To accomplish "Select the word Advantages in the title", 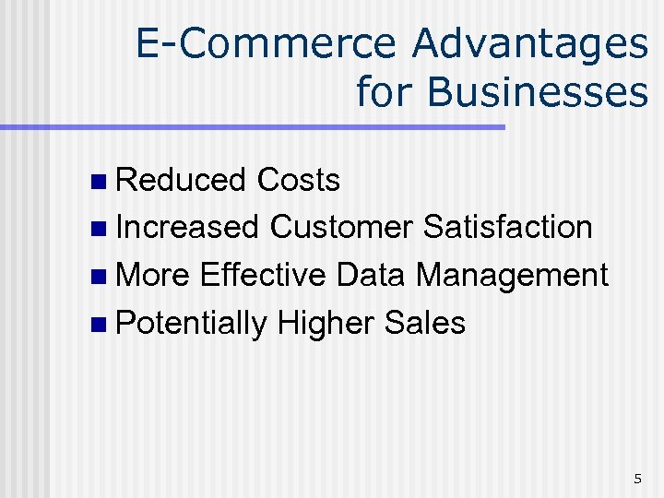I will [x=529, y=44].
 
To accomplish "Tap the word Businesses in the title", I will [x=539, y=91].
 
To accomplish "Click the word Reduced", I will [x=181, y=180].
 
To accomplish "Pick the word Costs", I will [x=299, y=180].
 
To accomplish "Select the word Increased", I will [x=188, y=227].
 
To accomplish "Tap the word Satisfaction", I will [x=507, y=227].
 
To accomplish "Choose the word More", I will [x=154, y=275].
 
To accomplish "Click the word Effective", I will [x=262, y=275].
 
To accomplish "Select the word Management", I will [x=512, y=275].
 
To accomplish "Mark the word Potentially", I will [x=193, y=323].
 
